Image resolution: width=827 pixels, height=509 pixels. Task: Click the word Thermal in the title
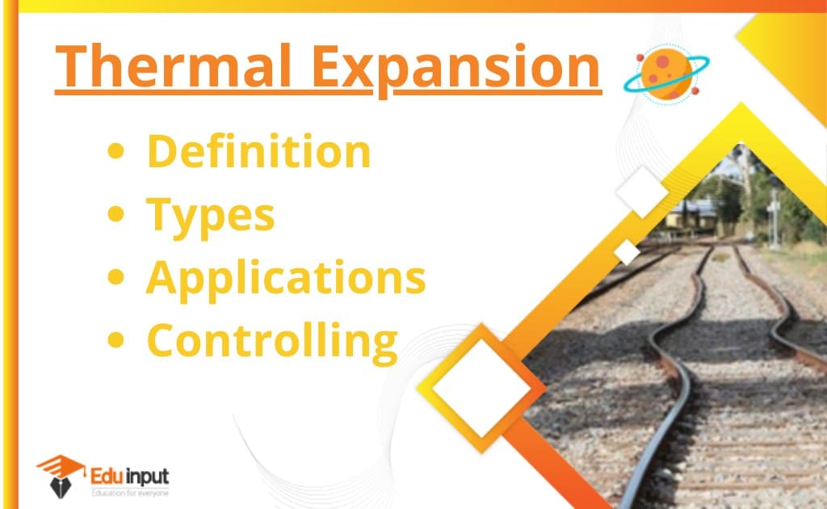coord(174,66)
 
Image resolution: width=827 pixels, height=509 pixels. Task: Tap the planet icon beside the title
coord(666,74)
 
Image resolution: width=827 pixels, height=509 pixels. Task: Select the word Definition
coord(259,151)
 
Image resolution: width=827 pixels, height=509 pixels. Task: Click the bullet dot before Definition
coord(115,151)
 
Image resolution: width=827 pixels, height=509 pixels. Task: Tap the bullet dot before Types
coord(115,213)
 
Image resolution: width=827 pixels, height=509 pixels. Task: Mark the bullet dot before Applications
coord(115,277)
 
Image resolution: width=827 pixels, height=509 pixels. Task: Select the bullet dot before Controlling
coord(115,339)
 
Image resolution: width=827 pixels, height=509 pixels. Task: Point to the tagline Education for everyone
coord(130,493)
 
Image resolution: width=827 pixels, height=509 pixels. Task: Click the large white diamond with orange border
coord(481,388)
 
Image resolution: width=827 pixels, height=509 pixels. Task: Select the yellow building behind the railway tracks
coord(692,214)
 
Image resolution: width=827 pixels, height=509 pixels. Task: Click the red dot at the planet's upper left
coord(640,57)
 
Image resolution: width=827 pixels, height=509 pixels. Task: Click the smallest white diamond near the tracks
coord(627,252)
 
